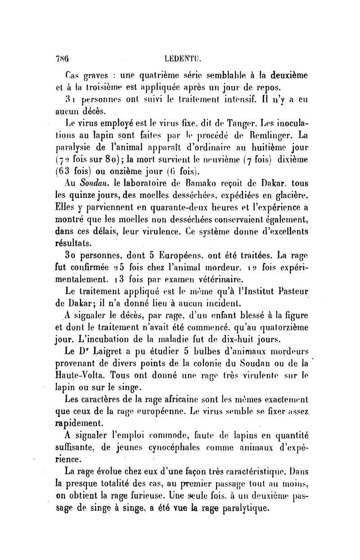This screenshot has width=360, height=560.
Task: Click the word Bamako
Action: click(207, 184)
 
